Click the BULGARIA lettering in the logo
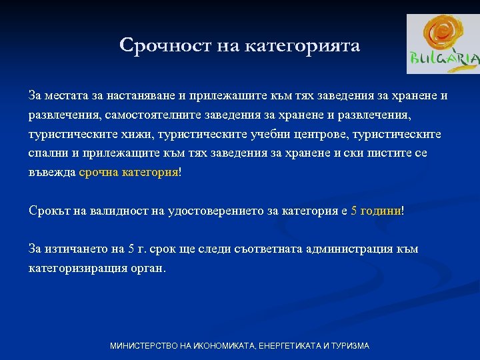point(443,60)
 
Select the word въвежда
point(52,173)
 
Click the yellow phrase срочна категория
point(128,173)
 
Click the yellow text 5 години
point(376,211)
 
